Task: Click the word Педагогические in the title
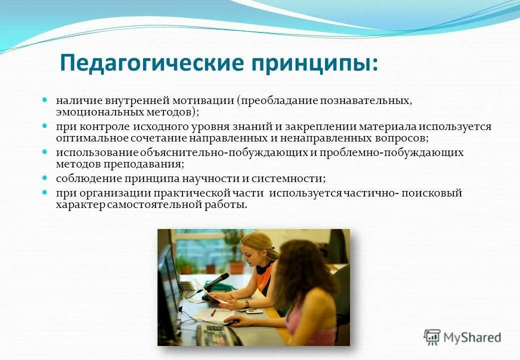(x=152, y=63)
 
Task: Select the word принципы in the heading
(x=311, y=63)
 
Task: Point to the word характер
(x=80, y=204)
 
